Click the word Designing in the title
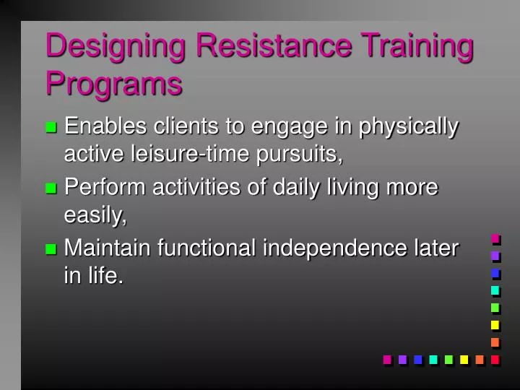coord(117,46)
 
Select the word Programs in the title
coord(114,83)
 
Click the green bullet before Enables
coord(51,128)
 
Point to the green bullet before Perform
coord(51,188)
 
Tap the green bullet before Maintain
coord(51,249)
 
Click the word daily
coord(303,187)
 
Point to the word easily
coord(95,214)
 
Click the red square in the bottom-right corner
coord(495,359)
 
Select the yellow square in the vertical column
coord(495,324)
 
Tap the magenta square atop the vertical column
coord(495,238)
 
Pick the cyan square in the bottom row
coord(433,359)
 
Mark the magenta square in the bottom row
coord(386,359)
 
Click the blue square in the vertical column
coord(495,272)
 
